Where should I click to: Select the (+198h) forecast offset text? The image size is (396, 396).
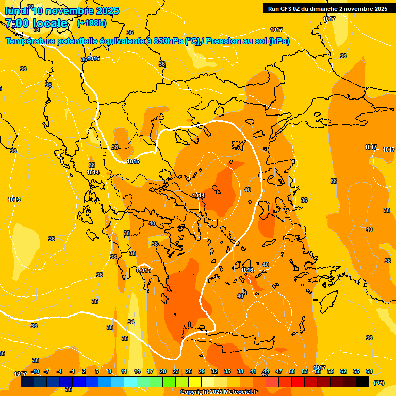click(91, 23)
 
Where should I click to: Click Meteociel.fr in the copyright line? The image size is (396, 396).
click(238, 392)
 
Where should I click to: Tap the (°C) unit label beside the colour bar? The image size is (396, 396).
click(378, 383)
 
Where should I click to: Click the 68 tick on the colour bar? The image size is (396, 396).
click(369, 371)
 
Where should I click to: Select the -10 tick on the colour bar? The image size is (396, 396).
click(35, 371)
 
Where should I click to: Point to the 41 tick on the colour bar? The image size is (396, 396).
click(253, 371)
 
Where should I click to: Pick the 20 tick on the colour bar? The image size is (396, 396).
click(163, 371)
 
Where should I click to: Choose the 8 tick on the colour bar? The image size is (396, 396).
click(110, 371)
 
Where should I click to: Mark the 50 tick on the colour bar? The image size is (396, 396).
click(292, 371)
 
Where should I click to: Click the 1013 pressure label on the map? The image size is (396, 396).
click(14, 200)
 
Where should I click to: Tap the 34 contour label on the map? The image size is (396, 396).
click(131, 322)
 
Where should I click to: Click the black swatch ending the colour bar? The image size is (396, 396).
click(362, 382)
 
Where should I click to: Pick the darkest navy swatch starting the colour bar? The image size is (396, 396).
click(27, 382)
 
